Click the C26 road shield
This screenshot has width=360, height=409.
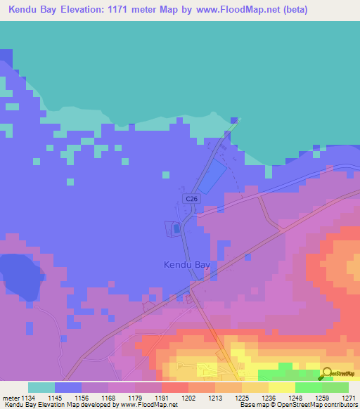pos(191,200)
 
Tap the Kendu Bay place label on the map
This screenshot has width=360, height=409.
pos(186,265)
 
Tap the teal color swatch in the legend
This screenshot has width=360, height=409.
pos(41,387)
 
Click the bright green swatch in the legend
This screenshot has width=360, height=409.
pos(308,387)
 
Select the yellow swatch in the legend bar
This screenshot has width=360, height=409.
pos(281,387)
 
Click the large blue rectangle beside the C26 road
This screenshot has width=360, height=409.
pos(212,176)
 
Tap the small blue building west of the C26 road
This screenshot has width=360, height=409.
pos(175,228)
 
